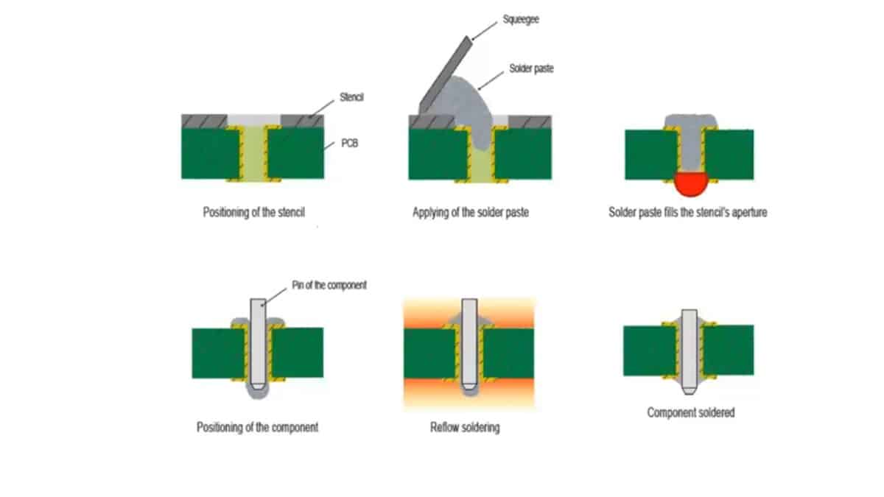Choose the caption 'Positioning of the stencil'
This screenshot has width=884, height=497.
tap(253, 213)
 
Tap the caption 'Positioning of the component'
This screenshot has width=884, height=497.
tap(257, 427)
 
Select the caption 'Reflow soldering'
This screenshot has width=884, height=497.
tap(465, 427)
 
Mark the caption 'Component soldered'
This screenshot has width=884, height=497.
tap(690, 412)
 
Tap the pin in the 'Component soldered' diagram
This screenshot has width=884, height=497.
tap(690, 350)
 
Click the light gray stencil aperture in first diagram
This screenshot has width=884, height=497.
tap(253, 119)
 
